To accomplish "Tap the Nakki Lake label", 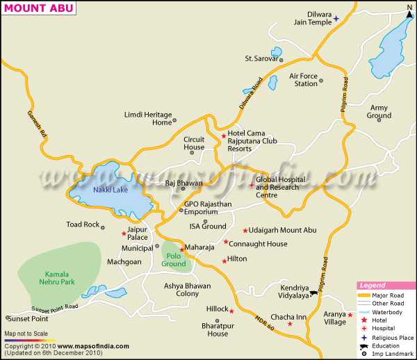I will point(111,190).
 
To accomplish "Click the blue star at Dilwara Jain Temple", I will point(336,19).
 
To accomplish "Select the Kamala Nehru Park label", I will point(58,277).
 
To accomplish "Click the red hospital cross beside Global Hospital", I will point(252,185).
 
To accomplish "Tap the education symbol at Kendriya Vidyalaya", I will point(314,293).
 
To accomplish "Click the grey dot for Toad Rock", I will point(104,226).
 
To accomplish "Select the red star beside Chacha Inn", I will point(290,324).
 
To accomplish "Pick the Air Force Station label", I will point(302,80).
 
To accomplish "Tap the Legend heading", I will point(373,286).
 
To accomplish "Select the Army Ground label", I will point(379,112).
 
